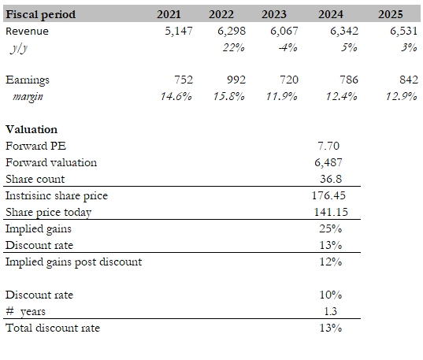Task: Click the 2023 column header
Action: [x=274, y=14]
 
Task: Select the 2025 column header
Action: [x=391, y=14]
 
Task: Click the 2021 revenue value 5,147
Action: [x=179, y=31]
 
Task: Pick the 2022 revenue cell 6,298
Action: [x=232, y=31]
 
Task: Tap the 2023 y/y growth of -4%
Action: [x=288, y=47]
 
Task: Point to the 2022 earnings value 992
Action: [x=236, y=80]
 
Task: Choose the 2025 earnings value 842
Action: [x=409, y=80]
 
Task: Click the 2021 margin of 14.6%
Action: [x=176, y=96]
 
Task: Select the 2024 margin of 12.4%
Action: [x=342, y=96]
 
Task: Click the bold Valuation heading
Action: [x=32, y=129]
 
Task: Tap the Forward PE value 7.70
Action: [x=328, y=146]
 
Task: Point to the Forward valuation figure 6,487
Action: [x=328, y=162]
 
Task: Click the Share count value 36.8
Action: [x=331, y=179]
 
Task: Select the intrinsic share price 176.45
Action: [x=328, y=195]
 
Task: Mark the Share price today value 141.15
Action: [x=331, y=212]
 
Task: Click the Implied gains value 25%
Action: [x=331, y=228]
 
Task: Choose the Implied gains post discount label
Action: [x=73, y=262]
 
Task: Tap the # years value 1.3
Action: [x=331, y=311]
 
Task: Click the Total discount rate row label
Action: [x=53, y=328]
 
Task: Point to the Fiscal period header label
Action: [x=41, y=14]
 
